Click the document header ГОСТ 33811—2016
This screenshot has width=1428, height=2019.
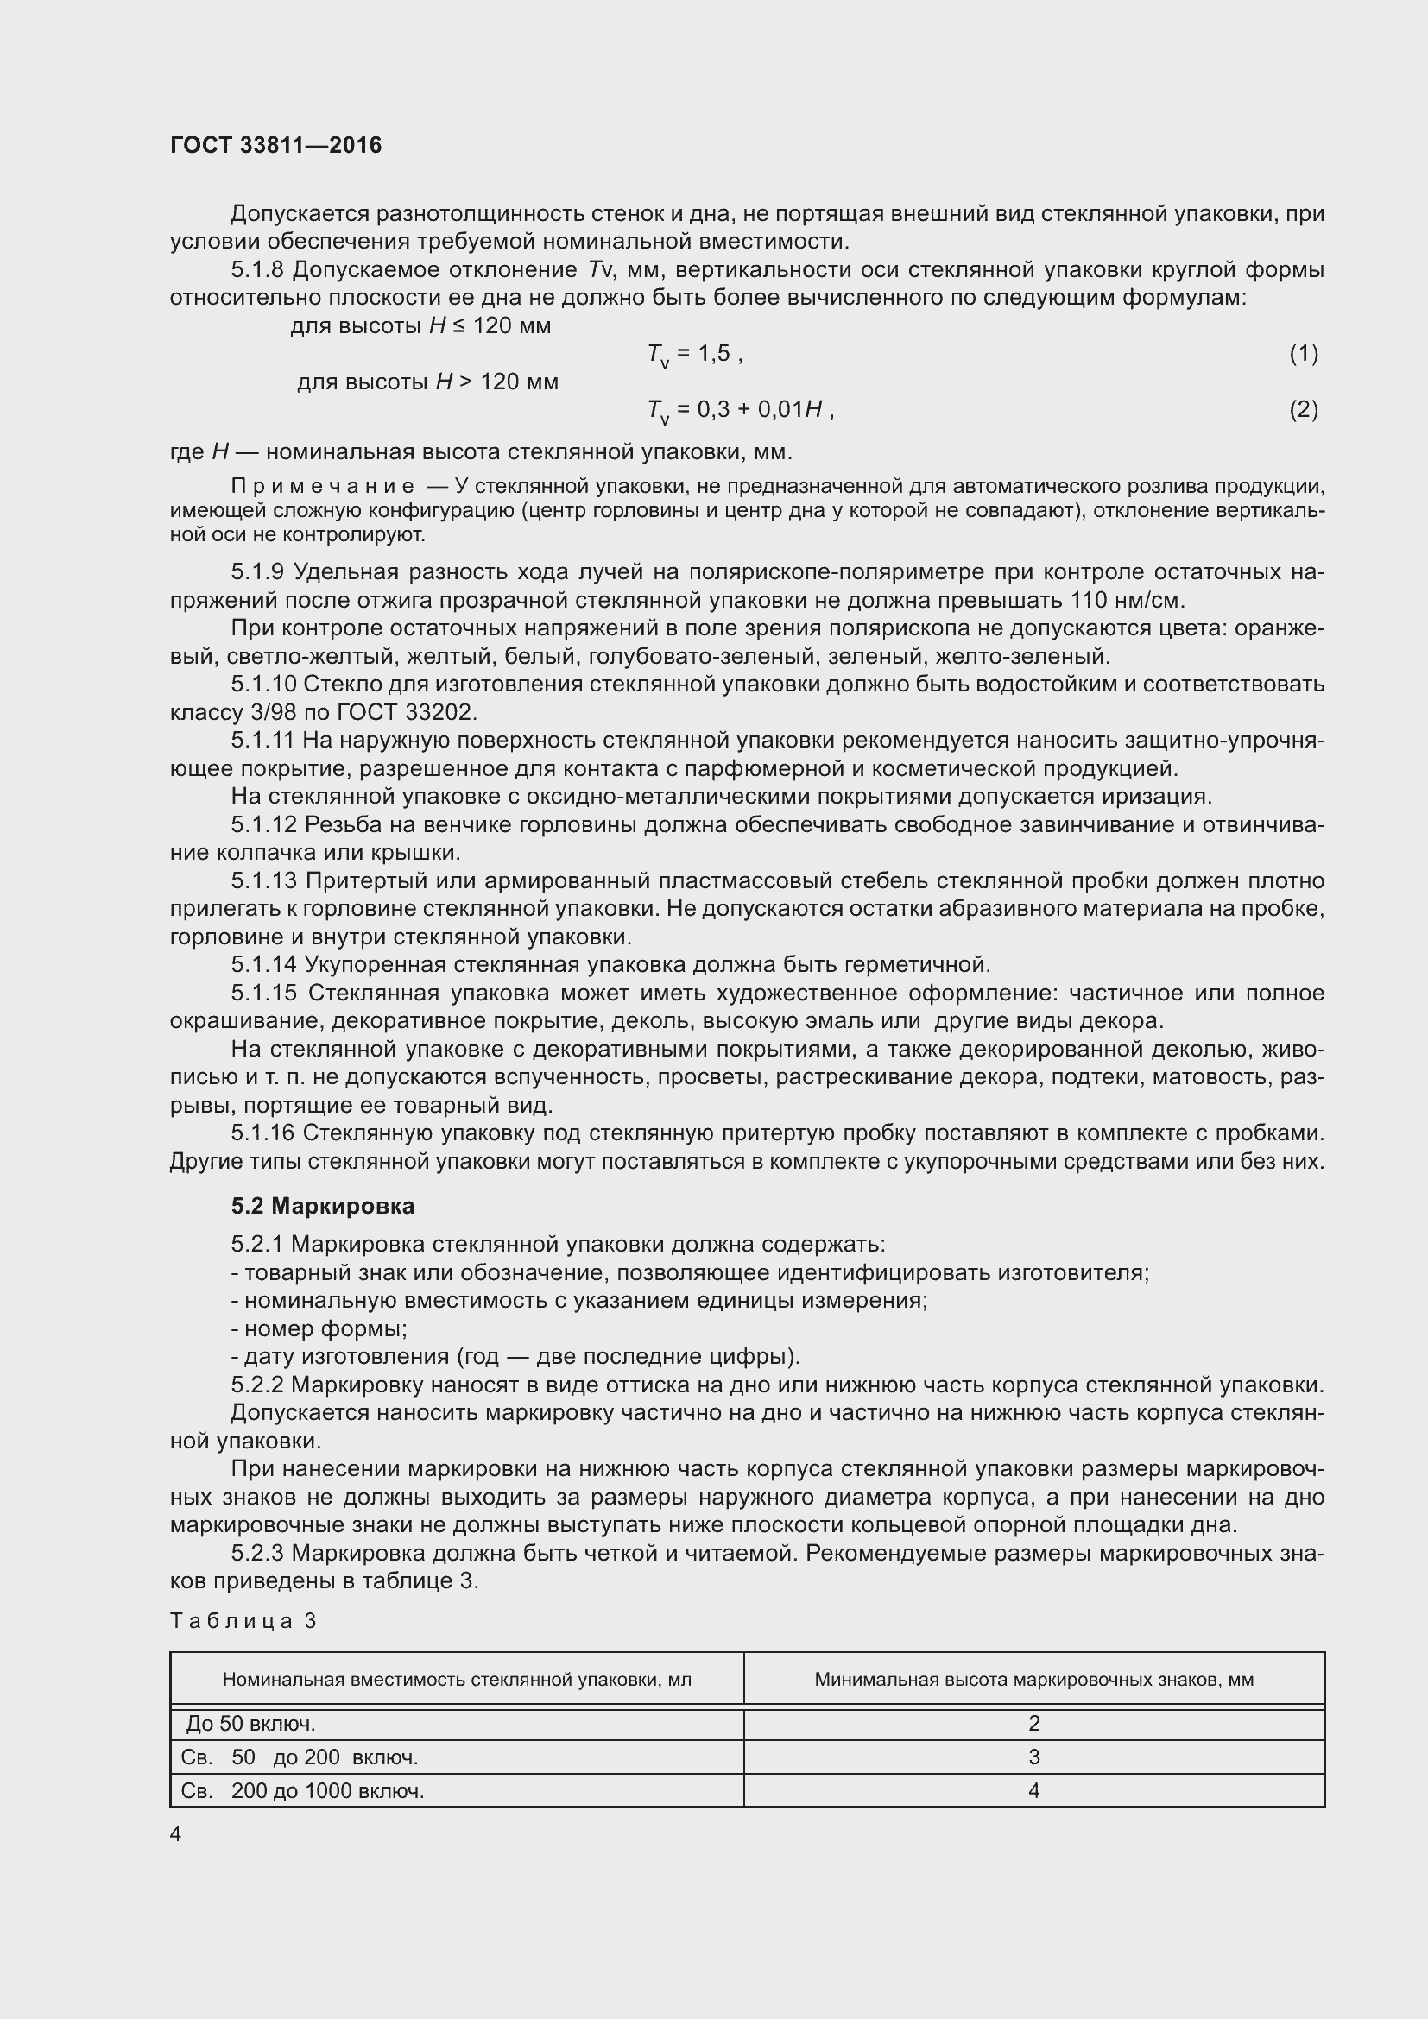tap(276, 145)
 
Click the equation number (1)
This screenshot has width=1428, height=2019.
tap(1303, 354)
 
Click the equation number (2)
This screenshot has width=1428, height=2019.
tap(1303, 410)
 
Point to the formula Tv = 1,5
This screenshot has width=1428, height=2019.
tap(694, 355)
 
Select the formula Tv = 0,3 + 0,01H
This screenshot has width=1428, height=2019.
tap(739, 410)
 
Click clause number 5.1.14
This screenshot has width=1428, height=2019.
tap(265, 966)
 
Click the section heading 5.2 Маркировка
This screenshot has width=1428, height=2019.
tap(323, 1206)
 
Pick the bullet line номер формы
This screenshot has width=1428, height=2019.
tap(319, 1328)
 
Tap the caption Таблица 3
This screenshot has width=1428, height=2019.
tap(243, 1621)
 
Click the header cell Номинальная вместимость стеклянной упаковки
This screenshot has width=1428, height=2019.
tap(457, 1680)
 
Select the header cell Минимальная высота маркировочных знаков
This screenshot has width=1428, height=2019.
tap(1033, 1680)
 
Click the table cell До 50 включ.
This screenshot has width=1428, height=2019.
tap(250, 1724)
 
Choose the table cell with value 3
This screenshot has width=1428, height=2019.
tap(1034, 1757)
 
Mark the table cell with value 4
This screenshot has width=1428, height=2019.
tap(1034, 1791)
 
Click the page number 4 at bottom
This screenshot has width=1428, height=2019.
tap(176, 1834)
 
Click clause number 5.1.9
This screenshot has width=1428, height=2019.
tap(257, 572)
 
